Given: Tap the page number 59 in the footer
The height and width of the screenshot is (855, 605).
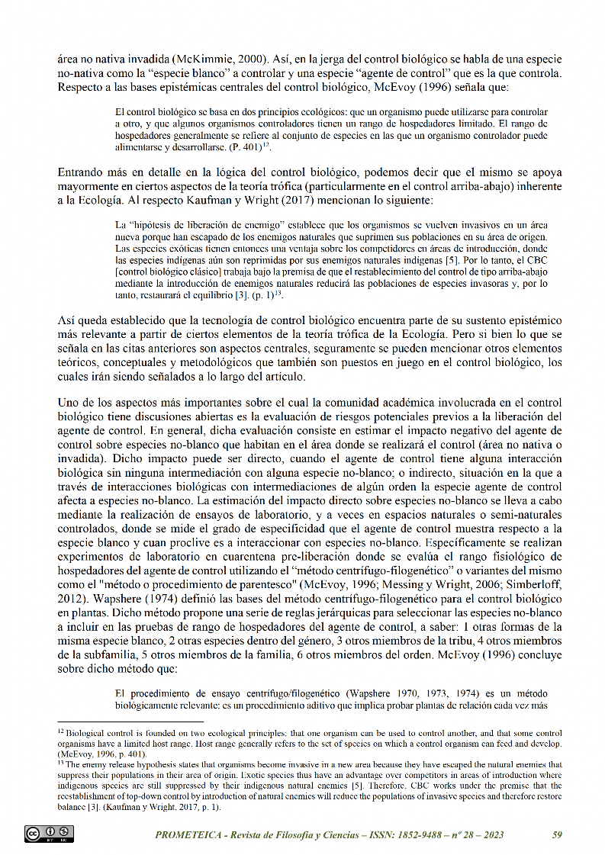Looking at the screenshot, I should [x=557, y=834].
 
